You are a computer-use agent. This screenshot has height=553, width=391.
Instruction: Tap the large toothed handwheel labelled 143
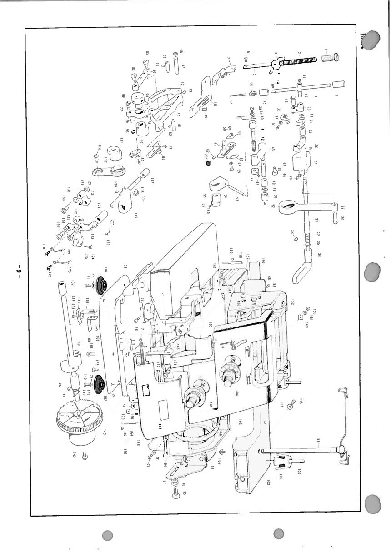point(77,421)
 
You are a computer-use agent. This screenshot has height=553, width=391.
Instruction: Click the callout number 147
point(160,426)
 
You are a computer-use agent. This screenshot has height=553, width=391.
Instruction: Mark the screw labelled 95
point(176,490)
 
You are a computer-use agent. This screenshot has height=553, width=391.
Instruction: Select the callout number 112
point(105,160)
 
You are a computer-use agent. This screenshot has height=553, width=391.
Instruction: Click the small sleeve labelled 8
point(337,85)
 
